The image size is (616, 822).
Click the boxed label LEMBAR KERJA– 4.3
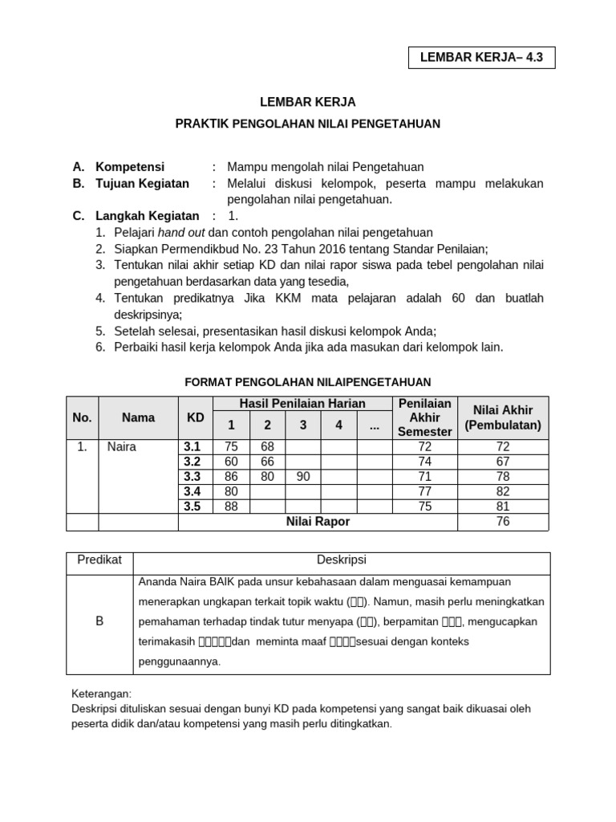click(x=481, y=59)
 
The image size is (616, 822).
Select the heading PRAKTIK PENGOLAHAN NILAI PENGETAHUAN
click(x=308, y=124)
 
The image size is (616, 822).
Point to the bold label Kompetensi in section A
click(x=130, y=167)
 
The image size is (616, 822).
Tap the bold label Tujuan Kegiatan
click(x=143, y=183)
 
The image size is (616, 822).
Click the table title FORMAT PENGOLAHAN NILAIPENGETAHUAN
click(x=308, y=382)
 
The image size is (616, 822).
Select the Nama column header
click(x=138, y=417)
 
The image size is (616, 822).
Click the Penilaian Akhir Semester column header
click(x=424, y=417)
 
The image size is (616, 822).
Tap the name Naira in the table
click(x=122, y=447)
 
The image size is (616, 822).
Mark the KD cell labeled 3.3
click(x=192, y=477)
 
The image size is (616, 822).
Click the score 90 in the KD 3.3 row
click(x=303, y=477)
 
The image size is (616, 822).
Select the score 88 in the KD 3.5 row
click(x=232, y=506)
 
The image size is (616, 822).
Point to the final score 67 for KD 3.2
click(x=503, y=462)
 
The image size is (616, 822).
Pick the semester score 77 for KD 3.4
click(x=424, y=491)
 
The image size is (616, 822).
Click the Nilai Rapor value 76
click(x=503, y=522)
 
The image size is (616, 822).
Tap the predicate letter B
click(x=99, y=621)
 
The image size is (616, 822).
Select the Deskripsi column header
click(x=342, y=560)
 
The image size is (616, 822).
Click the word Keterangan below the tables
click(x=101, y=694)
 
